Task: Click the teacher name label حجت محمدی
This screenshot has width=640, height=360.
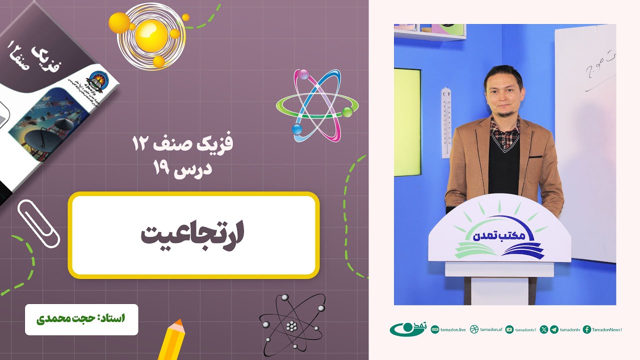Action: click(81, 319)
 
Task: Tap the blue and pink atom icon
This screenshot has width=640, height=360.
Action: click(317, 105)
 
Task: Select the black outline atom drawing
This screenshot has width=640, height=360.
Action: click(291, 325)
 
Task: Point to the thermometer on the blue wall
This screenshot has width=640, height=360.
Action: click(446, 122)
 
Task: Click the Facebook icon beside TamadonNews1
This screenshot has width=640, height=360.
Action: click(587, 329)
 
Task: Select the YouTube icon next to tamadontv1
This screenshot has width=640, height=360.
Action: click(509, 329)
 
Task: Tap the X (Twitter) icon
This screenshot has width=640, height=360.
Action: click(544, 329)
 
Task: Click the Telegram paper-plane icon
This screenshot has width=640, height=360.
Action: click(554, 329)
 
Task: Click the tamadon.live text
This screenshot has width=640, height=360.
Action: click(453, 329)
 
